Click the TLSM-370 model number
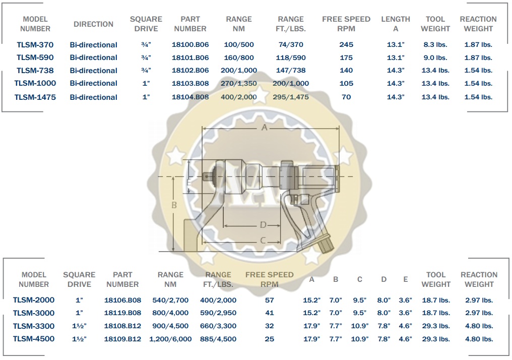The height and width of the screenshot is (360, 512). [35, 45]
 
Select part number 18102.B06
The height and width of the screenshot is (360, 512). [190, 70]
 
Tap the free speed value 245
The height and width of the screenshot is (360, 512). [346, 45]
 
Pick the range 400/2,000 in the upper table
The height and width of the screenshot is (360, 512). [239, 97]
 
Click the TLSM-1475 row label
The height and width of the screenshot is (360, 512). [35, 97]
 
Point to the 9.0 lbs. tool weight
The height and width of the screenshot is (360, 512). [435, 57]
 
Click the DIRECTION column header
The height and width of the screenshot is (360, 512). [93, 24]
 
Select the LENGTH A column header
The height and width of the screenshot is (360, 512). [396, 24]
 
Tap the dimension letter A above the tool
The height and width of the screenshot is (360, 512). [265, 128]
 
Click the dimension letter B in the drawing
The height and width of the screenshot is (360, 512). [174, 205]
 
